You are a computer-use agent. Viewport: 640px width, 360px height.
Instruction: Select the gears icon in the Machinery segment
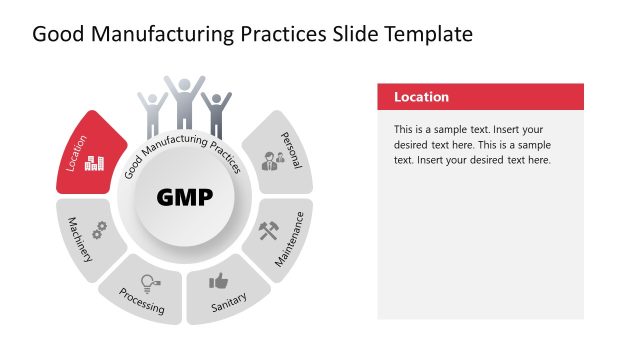coord(98,229)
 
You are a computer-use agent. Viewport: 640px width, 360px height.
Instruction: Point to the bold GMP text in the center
coord(185,197)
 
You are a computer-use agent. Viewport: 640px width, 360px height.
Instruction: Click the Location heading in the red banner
coord(421,97)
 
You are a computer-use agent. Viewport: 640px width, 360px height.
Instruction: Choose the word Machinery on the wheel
coord(79,240)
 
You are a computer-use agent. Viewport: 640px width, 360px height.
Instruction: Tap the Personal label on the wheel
coord(291,150)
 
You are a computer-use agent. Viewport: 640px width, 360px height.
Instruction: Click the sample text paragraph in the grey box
coord(472,145)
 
